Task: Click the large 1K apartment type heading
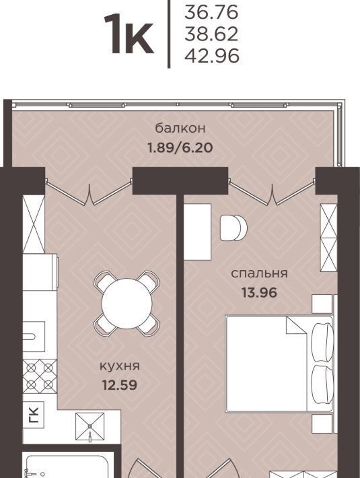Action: pyautogui.click(x=129, y=34)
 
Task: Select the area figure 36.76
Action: pyautogui.click(x=211, y=12)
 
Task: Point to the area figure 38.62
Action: pyautogui.click(x=211, y=34)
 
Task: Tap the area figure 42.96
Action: pyautogui.click(x=212, y=56)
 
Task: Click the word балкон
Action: pyautogui.click(x=180, y=128)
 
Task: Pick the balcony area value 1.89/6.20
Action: pyautogui.click(x=180, y=148)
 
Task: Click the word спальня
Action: pyautogui.click(x=259, y=273)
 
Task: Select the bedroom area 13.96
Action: pyautogui.click(x=259, y=293)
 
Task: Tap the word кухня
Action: pyautogui.click(x=120, y=366)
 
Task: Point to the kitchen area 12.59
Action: pyautogui.click(x=120, y=385)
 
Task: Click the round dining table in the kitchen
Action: pyautogui.click(x=127, y=304)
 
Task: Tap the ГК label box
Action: pyautogui.click(x=34, y=415)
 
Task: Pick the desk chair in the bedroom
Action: pyautogui.click(x=233, y=228)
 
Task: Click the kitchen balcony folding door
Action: pyautogui.click(x=89, y=192)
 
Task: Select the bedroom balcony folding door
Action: pyautogui.click(x=272, y=192)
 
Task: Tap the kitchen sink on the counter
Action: pyautogui.click(x=34, y=337)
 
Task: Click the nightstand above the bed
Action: pyautogui.click(x=322, y=304)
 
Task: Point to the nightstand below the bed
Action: pyautogui.click(x=322, y=423)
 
